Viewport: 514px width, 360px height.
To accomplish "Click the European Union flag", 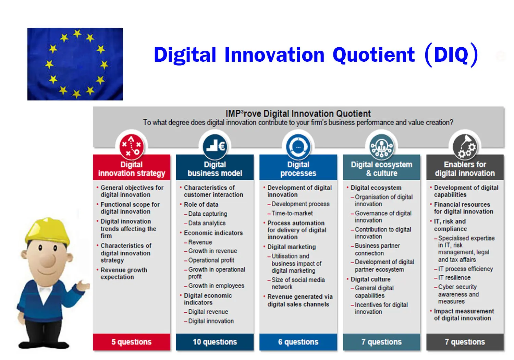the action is coord(75,64).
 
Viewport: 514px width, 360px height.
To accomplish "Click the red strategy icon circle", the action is coord(132,147).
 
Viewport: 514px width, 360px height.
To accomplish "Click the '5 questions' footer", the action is coord(132,342).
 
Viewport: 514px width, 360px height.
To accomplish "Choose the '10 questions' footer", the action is coord(215,342).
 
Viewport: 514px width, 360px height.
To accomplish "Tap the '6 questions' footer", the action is coord(298,342).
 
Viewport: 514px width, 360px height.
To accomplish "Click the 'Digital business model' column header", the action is coord(215,169).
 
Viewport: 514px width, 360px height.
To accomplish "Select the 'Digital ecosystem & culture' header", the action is coord(382,169).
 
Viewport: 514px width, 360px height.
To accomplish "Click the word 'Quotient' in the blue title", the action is coord(374,55).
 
